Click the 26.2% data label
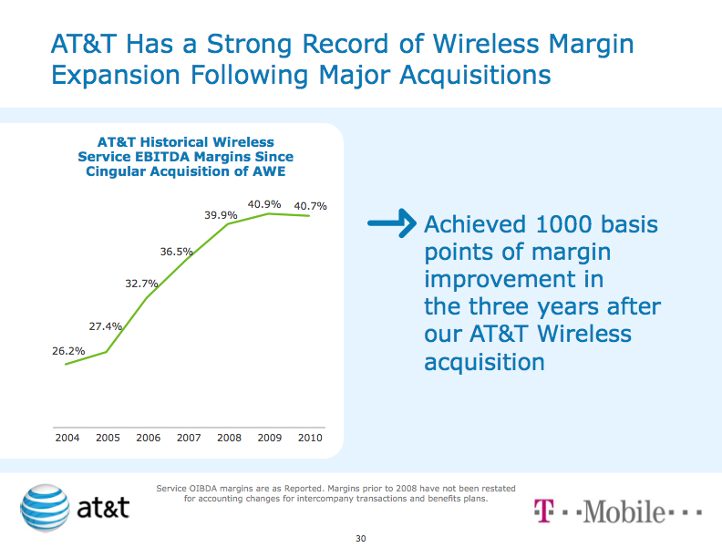[68, 350]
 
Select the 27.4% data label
[106, 325]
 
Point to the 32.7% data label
[142, 284]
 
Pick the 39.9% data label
[221, 214]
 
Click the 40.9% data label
[264, 204]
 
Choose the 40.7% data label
[310, 206]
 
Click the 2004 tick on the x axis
[67, 438]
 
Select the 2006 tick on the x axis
[148, 438]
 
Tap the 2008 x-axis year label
[229, 438]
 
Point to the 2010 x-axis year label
[310, 438]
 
